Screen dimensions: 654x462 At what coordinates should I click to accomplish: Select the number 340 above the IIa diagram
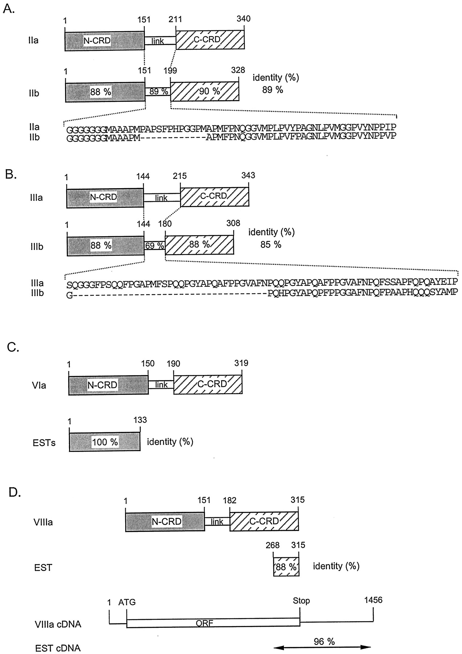pyautogui.click(x=243, y=19)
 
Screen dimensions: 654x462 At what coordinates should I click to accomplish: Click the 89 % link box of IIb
pyautogui.click(x=158, y=91)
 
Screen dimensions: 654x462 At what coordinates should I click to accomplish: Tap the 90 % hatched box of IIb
pyautogui.click(x=204, y=91)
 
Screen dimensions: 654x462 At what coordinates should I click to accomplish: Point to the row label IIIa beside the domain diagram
pyautogui.click(x=36, y=198)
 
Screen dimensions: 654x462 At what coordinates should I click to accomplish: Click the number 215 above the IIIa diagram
pyautogui.click(x=180, y=176)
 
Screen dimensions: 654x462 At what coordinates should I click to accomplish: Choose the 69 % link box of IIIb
pyautogui.click(x=155, y=246)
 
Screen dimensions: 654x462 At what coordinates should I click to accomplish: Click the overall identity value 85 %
pyautogui.click(x=271, y=245)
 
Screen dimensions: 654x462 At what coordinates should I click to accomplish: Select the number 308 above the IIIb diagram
pyautogui.click(x=233, y=223)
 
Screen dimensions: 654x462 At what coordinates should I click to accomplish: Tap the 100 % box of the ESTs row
pyautogui.click(x=105, y=442)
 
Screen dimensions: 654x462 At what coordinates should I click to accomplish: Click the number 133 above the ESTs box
pyautogui.click(x=140, y=420)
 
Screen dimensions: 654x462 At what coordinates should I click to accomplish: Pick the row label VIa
pyautogui.click(x=39, y=385)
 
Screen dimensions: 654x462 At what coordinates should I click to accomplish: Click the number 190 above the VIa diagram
pyautogui.click(x=173, y=364)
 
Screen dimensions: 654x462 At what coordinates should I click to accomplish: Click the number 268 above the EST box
pyautogui.click(x=273, y=545)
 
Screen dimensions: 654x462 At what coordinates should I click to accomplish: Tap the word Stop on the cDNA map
pyautogui.click(x=301, y=601)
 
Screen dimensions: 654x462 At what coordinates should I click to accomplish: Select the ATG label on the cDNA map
pyautogui.click(x=127, y=602)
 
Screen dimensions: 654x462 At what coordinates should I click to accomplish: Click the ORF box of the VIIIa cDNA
pyautogui.click(x=213, y=623)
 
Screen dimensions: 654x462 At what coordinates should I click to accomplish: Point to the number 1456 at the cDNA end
pyautogui.click(x=373, y=600)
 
